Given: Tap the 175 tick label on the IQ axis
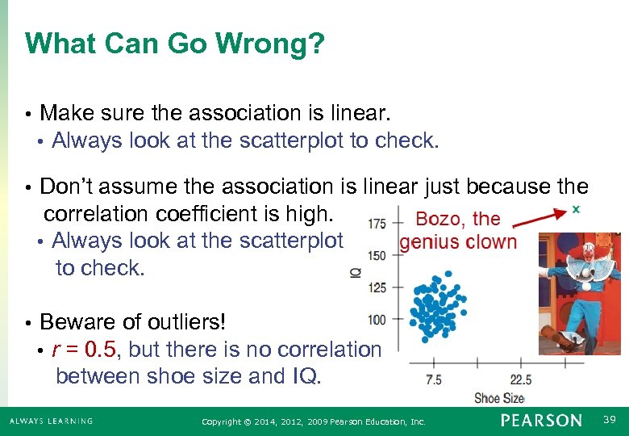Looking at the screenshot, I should click(377, 224).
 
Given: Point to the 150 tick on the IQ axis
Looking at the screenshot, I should click(377, 255).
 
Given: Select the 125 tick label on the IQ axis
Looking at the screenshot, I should click(377, 287).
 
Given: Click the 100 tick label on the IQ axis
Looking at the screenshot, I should click(377, 320).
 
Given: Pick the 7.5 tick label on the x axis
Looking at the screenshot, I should click(434, 379).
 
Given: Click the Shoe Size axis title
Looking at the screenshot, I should click(499, 397).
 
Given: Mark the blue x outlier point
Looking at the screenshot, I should click(576, 209).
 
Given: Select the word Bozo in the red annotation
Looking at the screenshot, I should click(439, 219).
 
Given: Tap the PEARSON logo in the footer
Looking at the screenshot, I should click(540, 421).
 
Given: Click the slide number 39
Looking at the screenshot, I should click(610, 420).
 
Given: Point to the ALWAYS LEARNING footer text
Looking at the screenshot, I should click(51, 421).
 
